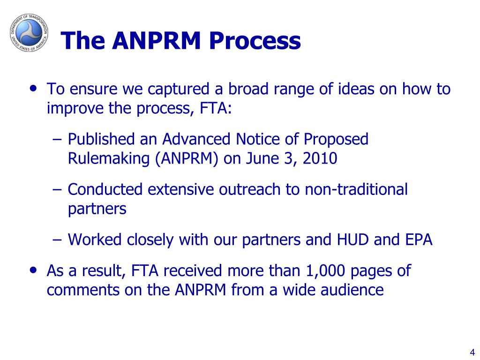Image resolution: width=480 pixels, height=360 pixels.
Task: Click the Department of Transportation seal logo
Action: coord(29,32)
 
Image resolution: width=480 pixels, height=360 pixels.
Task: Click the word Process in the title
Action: coord(255,40)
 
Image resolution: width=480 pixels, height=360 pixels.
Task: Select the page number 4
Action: coord(472,352)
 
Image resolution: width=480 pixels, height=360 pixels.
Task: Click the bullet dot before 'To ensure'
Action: coord(34,89)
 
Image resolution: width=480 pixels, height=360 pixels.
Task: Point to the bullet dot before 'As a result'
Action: coord(34,270)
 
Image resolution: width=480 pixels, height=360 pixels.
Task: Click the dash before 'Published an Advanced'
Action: coord(57,140)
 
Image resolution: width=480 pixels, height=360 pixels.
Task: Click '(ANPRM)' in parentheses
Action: coord(187,159)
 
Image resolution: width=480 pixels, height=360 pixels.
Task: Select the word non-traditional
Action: coord(356,189)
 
